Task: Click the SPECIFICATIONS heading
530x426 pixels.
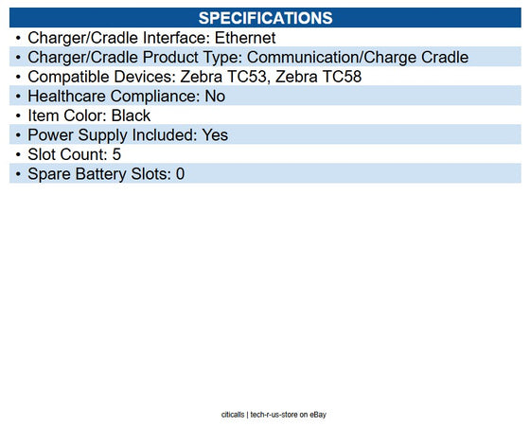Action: [x=265, y=18]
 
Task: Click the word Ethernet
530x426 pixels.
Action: [x=245, y=38]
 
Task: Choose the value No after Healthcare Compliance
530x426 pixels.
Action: [x=215, y=97]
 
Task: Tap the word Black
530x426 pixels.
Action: [x=132, y=115]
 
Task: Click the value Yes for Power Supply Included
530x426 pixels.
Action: [x=215, y=135]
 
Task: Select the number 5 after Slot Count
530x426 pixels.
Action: [x=116, y=154]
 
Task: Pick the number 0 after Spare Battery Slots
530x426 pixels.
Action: [x=180, y=174]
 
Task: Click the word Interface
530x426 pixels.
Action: [x=176, y=38]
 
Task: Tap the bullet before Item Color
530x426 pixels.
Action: [x=18, y=115]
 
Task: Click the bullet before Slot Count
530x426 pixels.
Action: [x=18, y=154]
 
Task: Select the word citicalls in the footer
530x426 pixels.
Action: [x=233, y=415]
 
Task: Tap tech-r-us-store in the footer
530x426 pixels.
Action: [x=274, y=415]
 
